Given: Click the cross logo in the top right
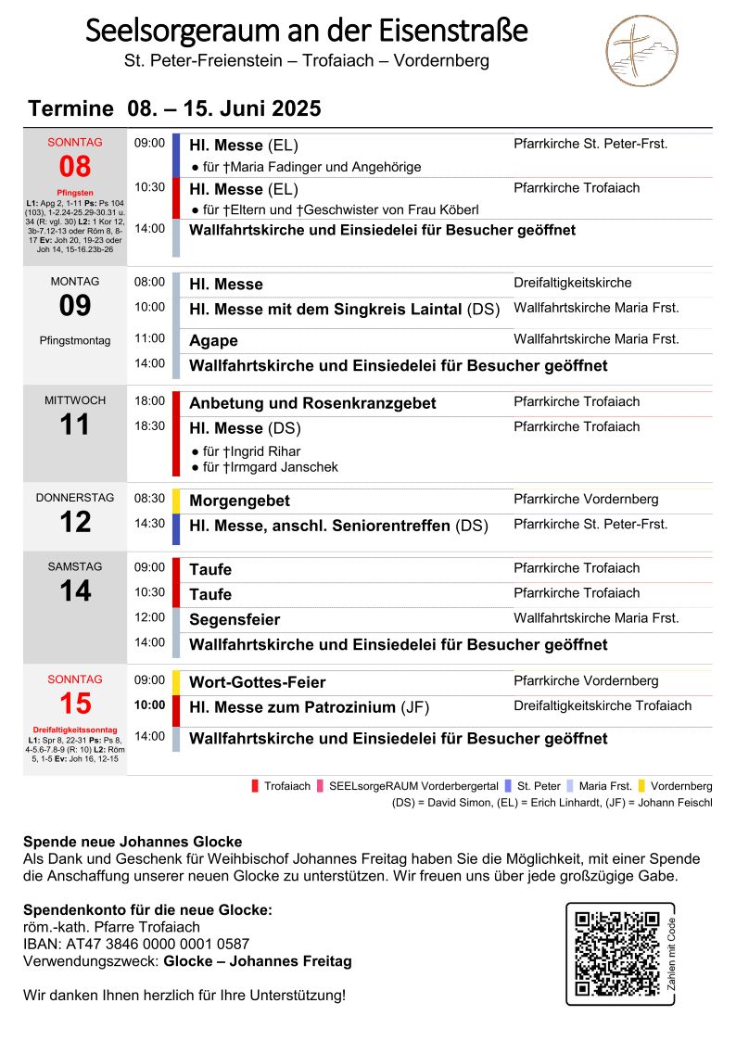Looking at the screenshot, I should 641,51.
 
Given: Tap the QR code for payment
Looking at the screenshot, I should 615,954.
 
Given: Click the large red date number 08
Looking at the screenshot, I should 75,167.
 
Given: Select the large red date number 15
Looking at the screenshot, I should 75,704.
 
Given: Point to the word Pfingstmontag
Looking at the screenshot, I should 75,340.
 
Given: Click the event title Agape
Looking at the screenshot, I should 213,341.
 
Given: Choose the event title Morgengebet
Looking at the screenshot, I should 239,501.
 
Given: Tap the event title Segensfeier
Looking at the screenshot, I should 235,619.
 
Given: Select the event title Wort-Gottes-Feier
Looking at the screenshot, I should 258,682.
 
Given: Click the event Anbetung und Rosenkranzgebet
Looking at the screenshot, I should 312,403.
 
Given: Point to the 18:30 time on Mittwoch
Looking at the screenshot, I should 149,426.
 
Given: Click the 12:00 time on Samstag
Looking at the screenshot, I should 149,617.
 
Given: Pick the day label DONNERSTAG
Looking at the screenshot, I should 75,498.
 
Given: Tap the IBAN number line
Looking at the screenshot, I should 136,945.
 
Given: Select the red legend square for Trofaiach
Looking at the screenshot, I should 255,786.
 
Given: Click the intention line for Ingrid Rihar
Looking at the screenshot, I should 246,451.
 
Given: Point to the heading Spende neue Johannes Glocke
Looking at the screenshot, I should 133,842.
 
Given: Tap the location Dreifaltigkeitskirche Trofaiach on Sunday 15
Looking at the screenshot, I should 603,705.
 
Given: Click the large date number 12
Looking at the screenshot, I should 75,523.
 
